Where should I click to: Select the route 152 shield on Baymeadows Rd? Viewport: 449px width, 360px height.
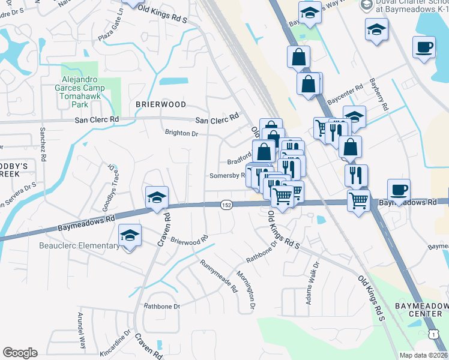click(x=226, y=205)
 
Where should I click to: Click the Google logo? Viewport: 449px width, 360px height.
click(x=20, y=353)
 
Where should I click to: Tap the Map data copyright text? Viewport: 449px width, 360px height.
click(x=424, y=355)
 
